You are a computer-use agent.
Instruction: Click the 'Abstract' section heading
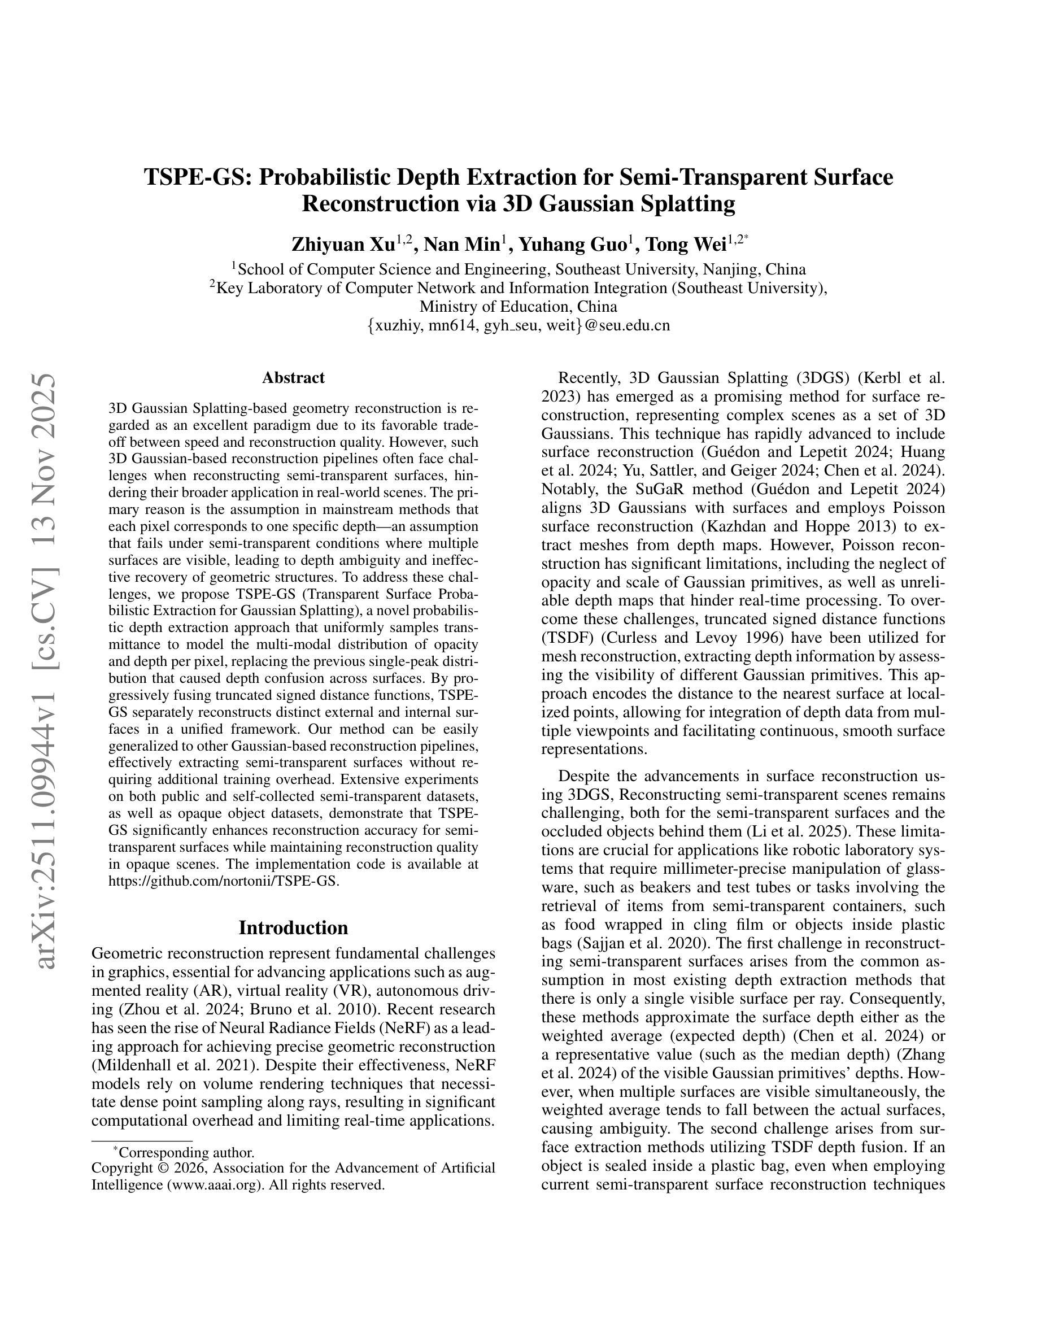pyautogui.click(x=293, y=377)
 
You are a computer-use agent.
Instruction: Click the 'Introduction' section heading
pyautogui.click(x=293, y=927)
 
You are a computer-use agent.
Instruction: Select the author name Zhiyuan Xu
pyautogui.click(x=343, y=245)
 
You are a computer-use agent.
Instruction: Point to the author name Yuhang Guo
pyautogui.click(x=572, y=245)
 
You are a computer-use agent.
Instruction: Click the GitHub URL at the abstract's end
pyautogui.click(x=224, y=881)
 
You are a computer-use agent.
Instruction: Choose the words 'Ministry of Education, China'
pyautogui.click(x=518, y=306)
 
